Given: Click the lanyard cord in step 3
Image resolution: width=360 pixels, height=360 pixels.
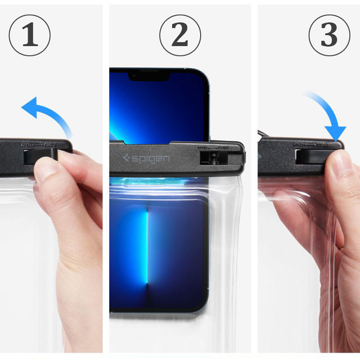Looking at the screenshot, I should point(263,135).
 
